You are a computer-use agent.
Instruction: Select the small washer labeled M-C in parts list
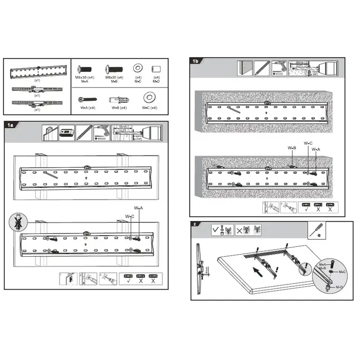(138, 68)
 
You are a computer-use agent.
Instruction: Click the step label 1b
(195, 61)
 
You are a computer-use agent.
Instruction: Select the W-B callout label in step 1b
(292, 148)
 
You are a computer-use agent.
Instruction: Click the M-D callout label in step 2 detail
(339, 287)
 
